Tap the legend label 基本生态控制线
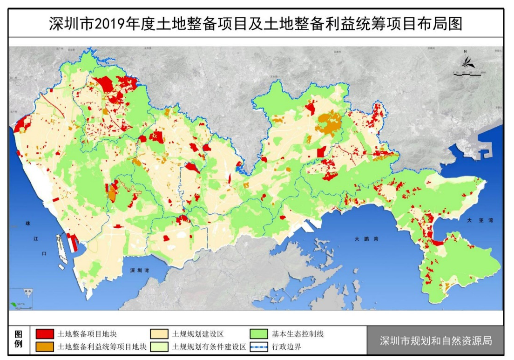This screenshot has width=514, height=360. [298, 334]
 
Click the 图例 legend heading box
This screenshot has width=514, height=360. [19, 340]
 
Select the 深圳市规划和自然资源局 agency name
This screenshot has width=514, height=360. [435, 340]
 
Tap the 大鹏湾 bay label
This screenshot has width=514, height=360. [365, 239]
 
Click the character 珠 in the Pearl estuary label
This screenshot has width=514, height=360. [27, 224]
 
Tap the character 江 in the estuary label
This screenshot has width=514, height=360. [35, 239]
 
